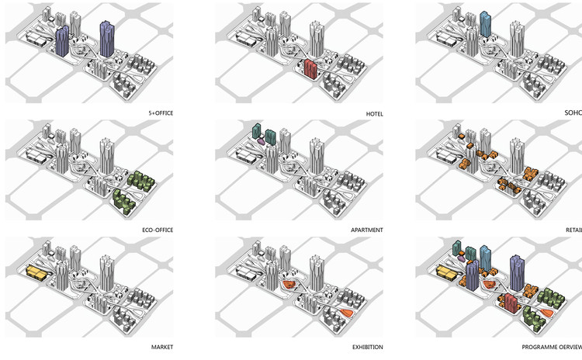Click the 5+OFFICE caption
point(161,113)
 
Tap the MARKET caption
point(161,346)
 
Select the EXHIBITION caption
point(365,346)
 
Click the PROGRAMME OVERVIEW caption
point(550,346)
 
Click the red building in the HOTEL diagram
point(312,70)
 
